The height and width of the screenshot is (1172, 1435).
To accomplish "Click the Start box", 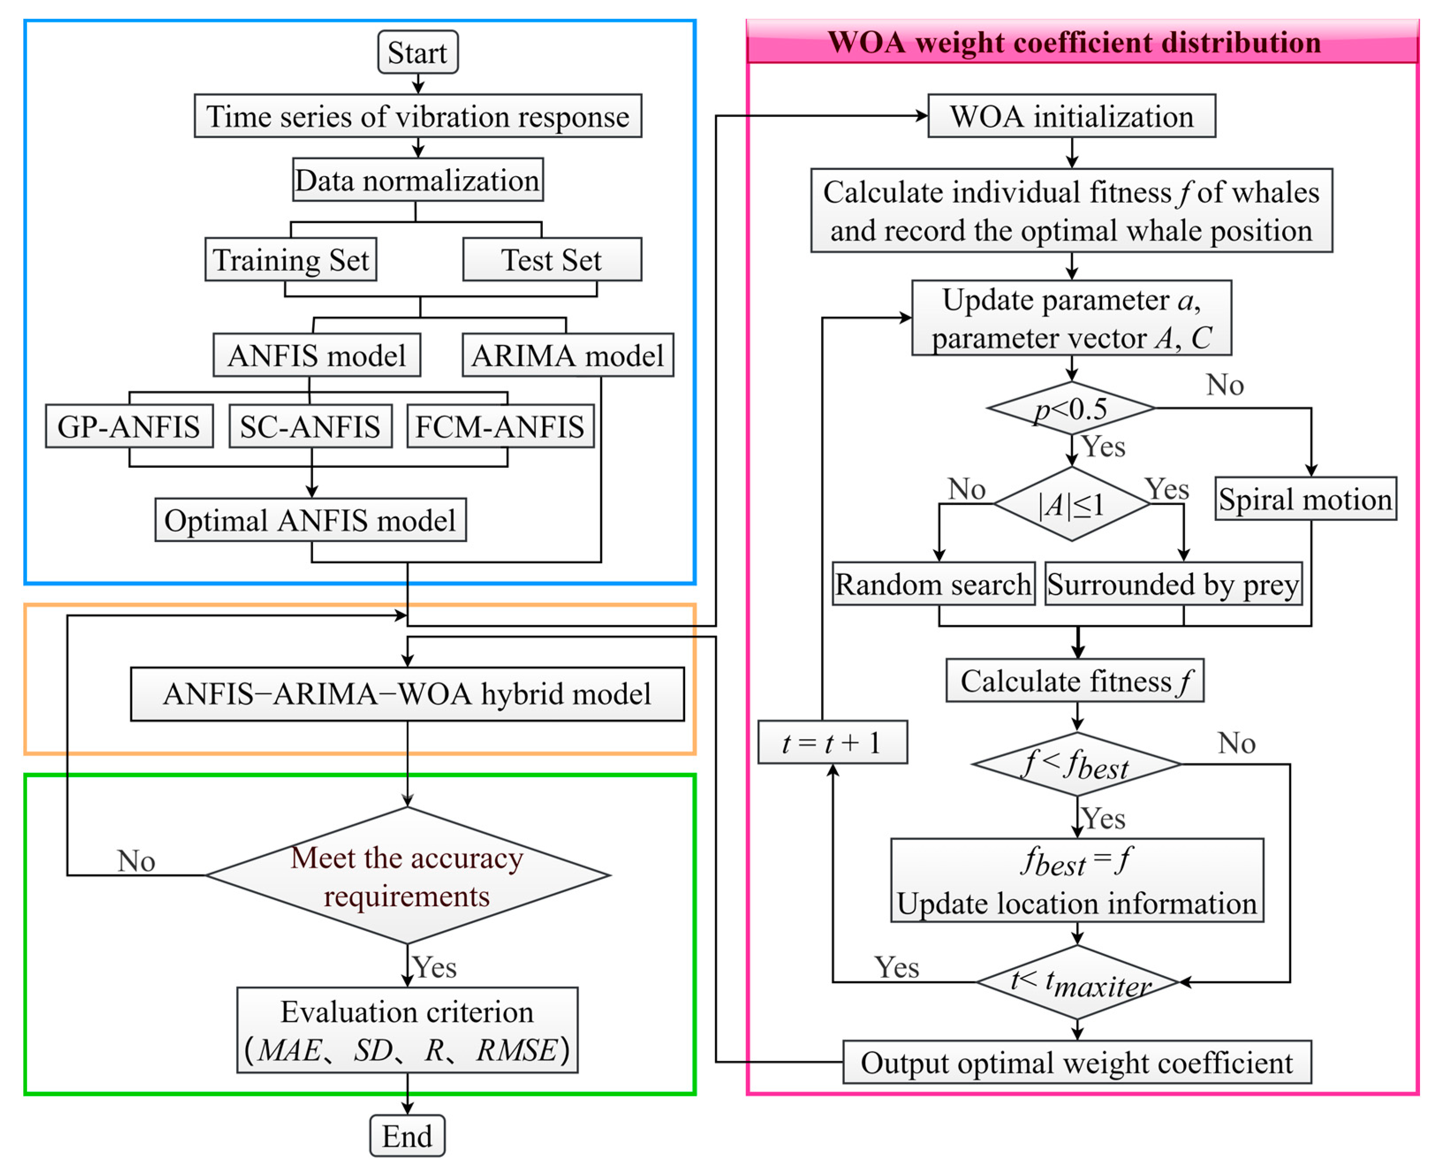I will coord(417,52).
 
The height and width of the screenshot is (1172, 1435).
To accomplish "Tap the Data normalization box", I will coord(417,180).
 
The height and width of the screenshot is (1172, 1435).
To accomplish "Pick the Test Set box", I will coord(552,259).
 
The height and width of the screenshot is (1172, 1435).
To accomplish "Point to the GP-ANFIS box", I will coord(129,426).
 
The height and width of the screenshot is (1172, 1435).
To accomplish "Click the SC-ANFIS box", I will coord(310,426).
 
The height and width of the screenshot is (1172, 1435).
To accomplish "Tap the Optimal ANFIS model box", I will coord(310,520).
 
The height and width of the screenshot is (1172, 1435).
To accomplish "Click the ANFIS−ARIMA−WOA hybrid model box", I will coord(407,694).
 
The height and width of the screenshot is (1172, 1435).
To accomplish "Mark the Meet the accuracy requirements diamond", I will coord(407,876).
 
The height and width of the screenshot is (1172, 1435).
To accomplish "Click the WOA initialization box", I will coord(1072,116).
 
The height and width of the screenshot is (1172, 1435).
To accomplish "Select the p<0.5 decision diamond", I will coord(1071,408).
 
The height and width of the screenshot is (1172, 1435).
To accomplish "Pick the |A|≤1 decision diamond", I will coord(1072,504).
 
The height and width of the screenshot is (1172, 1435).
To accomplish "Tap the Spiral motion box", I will coord(1305,499).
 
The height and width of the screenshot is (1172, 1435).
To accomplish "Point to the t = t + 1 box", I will coord(832,742).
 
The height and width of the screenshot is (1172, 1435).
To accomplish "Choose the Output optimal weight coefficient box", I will coord(1077,1063).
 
